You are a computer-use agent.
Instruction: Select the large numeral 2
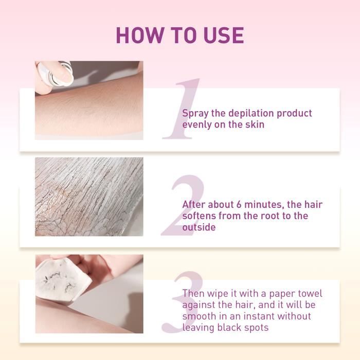coord(183,206)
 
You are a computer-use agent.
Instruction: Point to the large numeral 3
coord(183,303)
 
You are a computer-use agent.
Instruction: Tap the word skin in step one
coord(255,124)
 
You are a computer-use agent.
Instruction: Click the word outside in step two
coord(199,227)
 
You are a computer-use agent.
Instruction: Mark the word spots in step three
coord(254,328)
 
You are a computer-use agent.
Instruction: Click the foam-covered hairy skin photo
coord(88,196)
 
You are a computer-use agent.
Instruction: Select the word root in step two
coord(273,216)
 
